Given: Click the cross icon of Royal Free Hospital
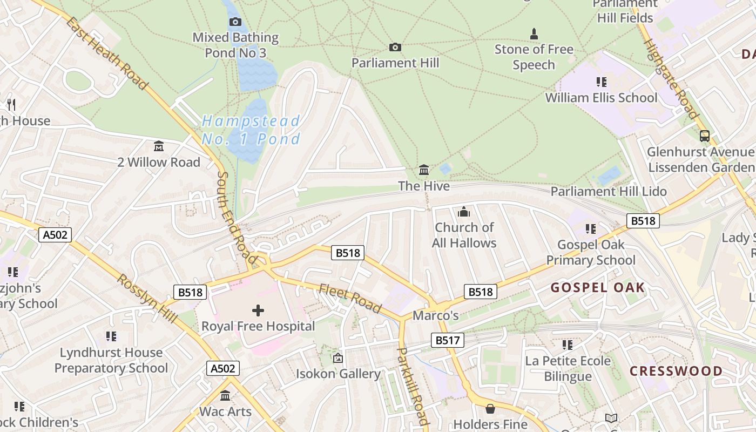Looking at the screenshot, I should pos(258,310).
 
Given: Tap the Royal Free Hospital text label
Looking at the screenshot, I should pos(258,326).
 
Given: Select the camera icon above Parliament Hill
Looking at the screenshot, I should pos(395,48).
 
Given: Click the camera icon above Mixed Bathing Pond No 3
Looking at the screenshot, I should pos(235,22).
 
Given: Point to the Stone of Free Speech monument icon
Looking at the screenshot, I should pos(534,34).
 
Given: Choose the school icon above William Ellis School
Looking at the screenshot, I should pos(601,82).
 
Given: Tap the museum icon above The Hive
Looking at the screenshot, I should pos(424,170).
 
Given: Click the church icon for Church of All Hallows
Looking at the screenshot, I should pos(464,212).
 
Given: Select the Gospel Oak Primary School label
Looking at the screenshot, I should pos(591,252).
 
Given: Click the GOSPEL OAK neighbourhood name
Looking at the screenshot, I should pos(598,287).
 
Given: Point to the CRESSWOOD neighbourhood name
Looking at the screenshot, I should pos(676,371).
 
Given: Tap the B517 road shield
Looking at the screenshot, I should pos(448,340).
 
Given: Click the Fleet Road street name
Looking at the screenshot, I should pos(351,298).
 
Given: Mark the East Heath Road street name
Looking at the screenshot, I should pos(107,53).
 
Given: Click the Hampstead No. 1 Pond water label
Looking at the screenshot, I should pos(251,130).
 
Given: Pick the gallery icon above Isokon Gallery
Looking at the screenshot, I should pos(338,357).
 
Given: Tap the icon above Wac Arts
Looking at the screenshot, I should pos(225,396).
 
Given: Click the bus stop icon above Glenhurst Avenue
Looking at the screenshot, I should pos(704,136).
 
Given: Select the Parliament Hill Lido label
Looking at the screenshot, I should pos(609,191).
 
